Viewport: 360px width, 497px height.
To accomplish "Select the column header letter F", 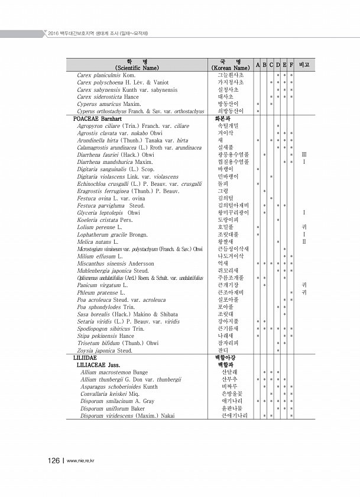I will click(291, 64).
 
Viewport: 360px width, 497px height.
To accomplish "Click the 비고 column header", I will click(306, 64).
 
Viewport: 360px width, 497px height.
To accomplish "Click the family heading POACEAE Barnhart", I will click(98, 118).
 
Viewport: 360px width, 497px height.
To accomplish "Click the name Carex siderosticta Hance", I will click(108, 96).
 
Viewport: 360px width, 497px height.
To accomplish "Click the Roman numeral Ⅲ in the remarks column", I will click(304, 154).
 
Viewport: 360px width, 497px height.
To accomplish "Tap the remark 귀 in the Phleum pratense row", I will click(304, 292).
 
